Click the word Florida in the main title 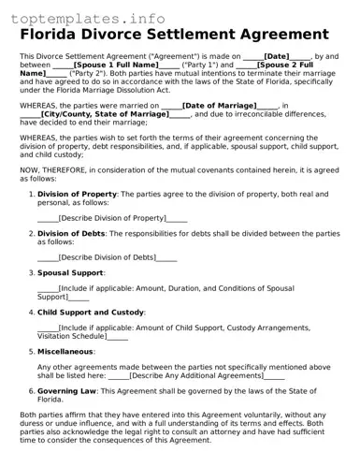[58, 36]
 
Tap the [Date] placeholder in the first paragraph [277, 56]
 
